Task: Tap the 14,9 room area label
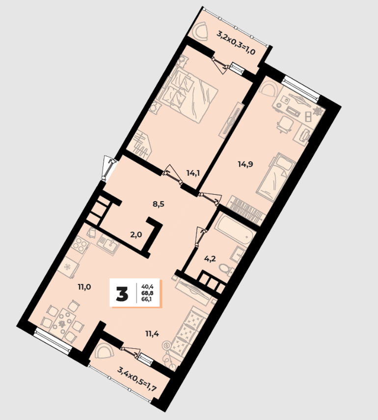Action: click(x=245, y=164)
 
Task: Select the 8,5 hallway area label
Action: click(x=158, y=204)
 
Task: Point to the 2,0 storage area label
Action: click(x=136, y=235)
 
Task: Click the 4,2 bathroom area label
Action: click(x=210, y=259)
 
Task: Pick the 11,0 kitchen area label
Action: click(x=84, y=287)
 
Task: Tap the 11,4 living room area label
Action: click(x=152, y=334)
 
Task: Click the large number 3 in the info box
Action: click(x=122, y=294)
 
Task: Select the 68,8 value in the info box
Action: click(x=147, y=293)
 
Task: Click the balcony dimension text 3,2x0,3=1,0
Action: click(x=236, y=43)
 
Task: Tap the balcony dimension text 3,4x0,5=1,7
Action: click(x=137, y=379)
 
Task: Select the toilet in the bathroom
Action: click(x=224, y=269)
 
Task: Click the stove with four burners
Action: click(x=80, y=244)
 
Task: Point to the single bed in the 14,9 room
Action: click(x=276, y=177)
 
